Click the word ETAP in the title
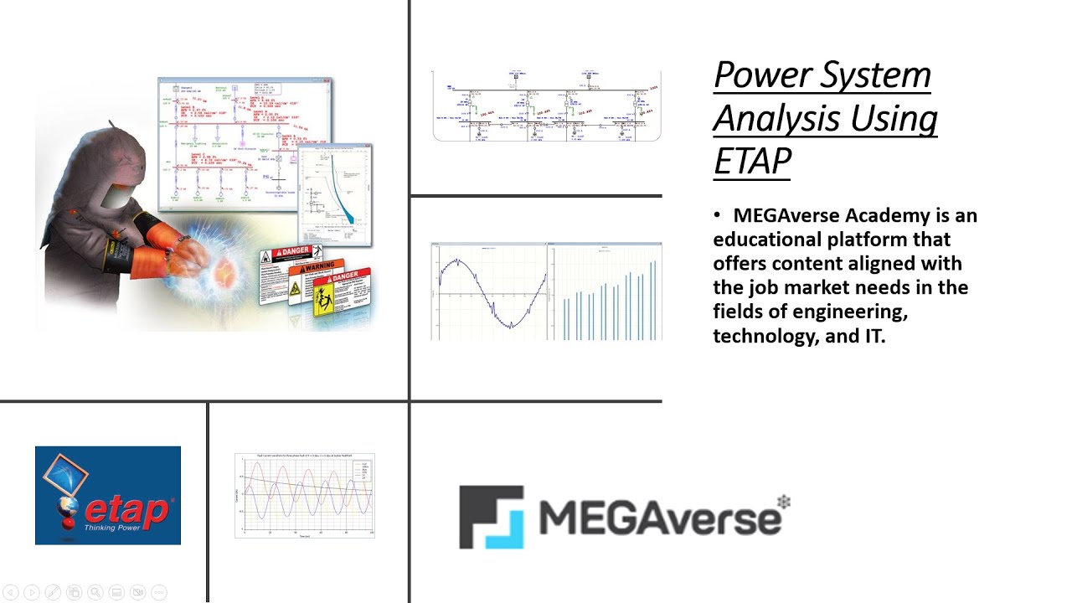752,159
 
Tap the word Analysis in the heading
763,117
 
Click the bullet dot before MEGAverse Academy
718,216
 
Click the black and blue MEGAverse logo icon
491,517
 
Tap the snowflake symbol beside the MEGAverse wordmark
784,502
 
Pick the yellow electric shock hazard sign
323,300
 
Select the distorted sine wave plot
488,291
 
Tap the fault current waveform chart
305,495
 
